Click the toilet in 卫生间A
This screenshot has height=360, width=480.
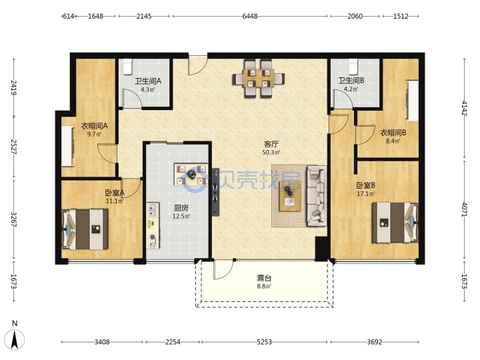[127, 67]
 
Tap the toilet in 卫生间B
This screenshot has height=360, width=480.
[353, 67]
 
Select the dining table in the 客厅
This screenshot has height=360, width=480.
[259, 79]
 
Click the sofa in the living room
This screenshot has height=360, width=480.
[317, 196]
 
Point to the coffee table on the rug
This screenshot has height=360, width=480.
[289, 196]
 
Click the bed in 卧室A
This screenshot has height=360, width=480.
[85, 229]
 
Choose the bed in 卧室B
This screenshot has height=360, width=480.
[395, 223]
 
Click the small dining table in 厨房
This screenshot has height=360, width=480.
[191, 175]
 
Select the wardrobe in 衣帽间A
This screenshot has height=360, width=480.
[67, 146]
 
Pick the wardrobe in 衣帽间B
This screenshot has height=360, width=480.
[412, 101]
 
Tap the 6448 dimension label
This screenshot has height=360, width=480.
[250, 16]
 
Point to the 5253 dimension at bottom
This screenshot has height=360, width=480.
[264, 341]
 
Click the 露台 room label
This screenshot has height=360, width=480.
[264, 278]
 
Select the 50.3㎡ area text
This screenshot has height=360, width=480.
[271, 152]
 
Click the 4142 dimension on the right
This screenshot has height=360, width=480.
[464, 108]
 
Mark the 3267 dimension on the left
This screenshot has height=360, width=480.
[13, 219]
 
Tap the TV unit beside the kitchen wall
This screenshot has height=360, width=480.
[215, 192]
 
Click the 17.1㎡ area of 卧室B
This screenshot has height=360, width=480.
[365, 193]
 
